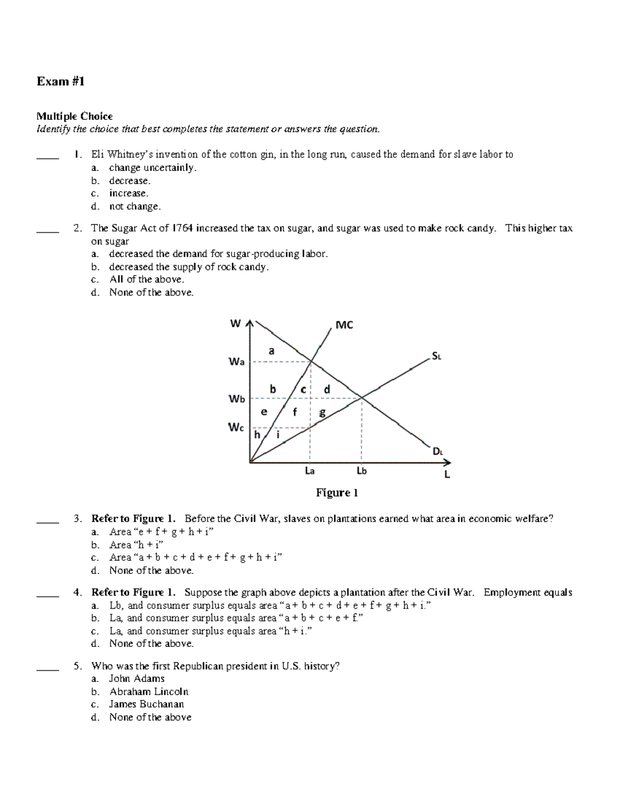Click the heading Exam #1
[60, 81]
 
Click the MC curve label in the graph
[344, 325]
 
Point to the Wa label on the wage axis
[236, 362]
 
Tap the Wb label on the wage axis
[236, 399]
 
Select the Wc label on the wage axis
[236, 428]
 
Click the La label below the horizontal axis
[310, 471]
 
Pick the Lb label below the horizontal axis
[362, 471]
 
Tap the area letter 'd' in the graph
[327, 389]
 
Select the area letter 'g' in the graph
[322, 412]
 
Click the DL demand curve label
[438, 451]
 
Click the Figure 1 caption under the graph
[337, 493]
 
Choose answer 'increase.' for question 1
[129, 193]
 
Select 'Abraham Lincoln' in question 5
[148, 692]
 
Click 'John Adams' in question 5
[136, 679]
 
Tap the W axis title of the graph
[236, 324]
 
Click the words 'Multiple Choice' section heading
[74, 116]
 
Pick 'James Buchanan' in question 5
[146, 704]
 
